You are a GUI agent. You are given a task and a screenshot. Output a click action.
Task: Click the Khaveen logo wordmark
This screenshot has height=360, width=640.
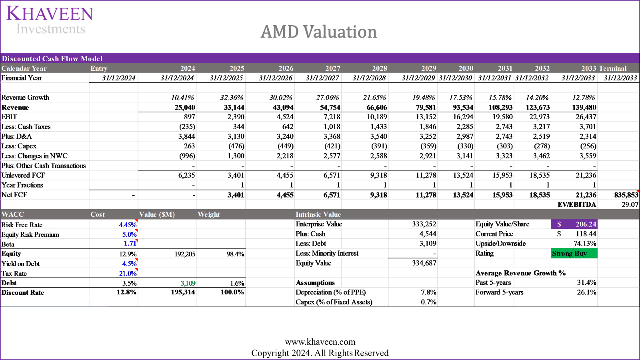(50, 14)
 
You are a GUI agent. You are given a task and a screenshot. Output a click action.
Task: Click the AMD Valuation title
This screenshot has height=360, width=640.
(319, 32)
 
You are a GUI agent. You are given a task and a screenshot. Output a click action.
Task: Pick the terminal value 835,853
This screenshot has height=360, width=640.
(626, 195)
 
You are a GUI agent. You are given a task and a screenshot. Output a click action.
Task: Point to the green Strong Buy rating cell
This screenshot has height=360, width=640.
(574, 254)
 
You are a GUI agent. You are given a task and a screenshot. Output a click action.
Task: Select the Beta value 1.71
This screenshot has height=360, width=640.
(130, 244)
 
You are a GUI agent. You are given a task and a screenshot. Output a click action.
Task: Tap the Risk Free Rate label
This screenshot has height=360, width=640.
(22, 225)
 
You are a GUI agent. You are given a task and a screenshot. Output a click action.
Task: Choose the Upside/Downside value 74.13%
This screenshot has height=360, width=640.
(584, 244)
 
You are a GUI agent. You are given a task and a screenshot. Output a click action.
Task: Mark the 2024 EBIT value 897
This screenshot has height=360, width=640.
(189, 117)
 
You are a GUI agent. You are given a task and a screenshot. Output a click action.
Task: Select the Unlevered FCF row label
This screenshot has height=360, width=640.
(23, 175)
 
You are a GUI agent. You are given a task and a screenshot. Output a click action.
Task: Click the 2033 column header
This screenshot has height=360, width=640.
(588, 68)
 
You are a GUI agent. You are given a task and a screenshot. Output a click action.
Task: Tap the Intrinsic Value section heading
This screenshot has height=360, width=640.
(318, 215)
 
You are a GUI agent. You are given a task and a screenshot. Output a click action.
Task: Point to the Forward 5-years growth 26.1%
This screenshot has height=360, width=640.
(586, 292)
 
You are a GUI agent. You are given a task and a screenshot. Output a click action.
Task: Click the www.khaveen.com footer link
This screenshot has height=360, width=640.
(320, 342)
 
